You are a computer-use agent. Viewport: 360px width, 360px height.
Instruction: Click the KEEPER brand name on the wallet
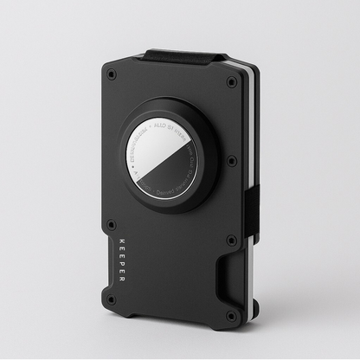tap(121, 260)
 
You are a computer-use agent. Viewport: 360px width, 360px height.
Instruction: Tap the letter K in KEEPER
tap(121, 240)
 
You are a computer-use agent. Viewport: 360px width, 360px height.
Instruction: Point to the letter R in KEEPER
tap(121, 280)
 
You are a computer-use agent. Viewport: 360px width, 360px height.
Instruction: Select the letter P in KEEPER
tap(121, 264)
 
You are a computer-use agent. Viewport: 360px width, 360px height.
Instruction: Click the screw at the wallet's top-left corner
tap(112, 75)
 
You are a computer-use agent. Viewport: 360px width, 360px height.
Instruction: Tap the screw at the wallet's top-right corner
tap(231, 82)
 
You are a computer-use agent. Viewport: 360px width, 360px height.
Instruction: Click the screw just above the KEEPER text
tap(112, 224)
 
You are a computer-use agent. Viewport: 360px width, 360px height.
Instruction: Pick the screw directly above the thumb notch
tap(231, 241)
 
